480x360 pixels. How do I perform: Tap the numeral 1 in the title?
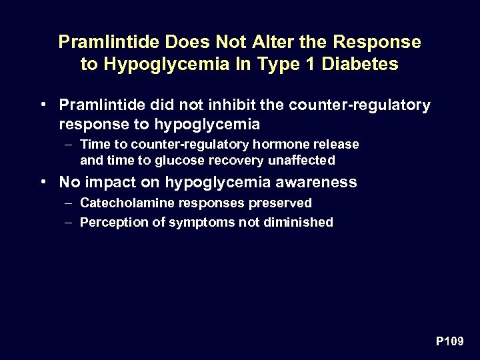pos(308,64)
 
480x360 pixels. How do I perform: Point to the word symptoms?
pos(193,223)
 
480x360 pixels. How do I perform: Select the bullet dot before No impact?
pos(43,181)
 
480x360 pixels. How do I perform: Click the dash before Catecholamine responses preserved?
pos(69,203)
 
